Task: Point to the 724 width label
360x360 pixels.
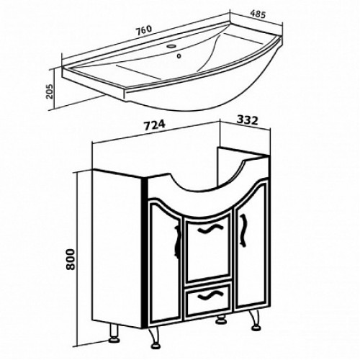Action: click(155, 125)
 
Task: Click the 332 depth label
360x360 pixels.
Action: click(247, 120)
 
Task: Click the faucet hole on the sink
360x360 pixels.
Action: click(171, 46)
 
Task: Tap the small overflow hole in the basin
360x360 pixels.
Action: click(179, 56)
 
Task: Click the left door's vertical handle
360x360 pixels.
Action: click(177, 242)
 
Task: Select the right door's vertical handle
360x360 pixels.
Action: click(243, 230)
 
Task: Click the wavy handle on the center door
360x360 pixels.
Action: click(207, 229)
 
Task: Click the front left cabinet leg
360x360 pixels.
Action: click(153, 338)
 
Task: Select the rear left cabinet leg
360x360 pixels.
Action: click(114, 334)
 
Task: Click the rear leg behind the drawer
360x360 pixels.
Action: click(221, 320)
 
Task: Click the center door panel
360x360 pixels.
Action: click(208, 247)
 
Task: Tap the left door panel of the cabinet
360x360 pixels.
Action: click(165, 261)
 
